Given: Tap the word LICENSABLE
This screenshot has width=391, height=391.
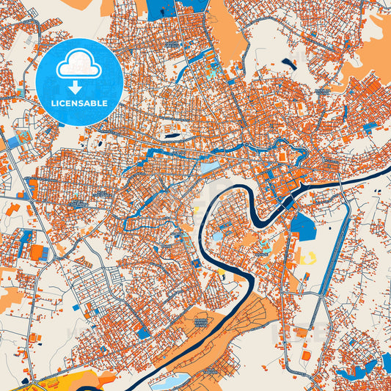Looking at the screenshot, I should (78, 103).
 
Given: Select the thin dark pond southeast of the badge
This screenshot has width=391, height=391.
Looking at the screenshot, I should (172, 136).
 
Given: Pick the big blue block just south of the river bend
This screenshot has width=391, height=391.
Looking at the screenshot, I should (302, 227).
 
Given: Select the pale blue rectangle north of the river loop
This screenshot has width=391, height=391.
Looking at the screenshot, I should (210, 168).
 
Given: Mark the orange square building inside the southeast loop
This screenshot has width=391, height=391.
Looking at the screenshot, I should (305, 355).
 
